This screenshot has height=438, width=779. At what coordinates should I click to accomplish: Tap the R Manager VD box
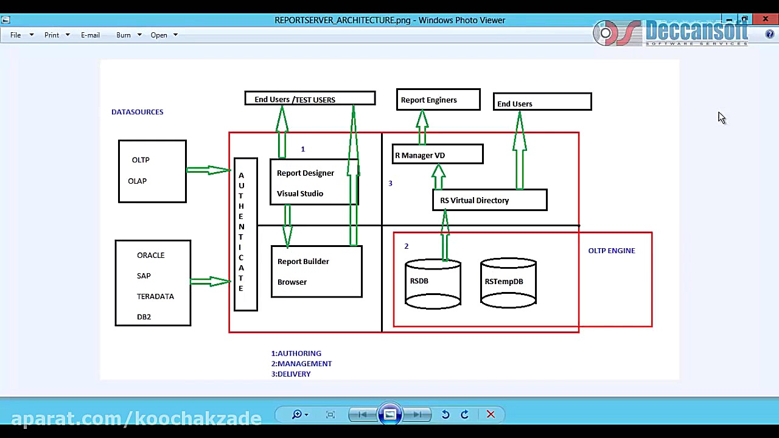pyautogui.click(x=438, y=155)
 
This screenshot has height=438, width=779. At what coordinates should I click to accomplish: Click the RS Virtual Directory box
pyautogui.click(x=489, y=200)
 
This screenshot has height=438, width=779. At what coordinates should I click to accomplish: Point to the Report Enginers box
pyautogui.click(x=438, y=100)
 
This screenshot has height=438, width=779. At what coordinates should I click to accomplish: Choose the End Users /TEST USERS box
pyautogui.click(x=310, y=99)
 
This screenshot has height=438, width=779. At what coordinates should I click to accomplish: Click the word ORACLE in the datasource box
pyautogui.click(x=150, y=255)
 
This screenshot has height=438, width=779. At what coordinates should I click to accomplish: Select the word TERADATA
pyautogui.click(x=155, y=296)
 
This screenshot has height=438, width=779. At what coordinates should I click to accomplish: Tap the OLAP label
pyautogui.click(x=137, y=181)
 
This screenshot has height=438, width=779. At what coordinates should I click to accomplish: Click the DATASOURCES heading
pyautogui.click(x=137, y=112)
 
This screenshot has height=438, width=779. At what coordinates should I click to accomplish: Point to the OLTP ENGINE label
pyautogui.click(x=611, y=251)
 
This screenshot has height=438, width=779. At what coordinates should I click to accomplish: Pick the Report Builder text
pyautogui.click(x=303, y=262)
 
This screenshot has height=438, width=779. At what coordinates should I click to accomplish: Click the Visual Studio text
pyautogui.click(x=300, y=193)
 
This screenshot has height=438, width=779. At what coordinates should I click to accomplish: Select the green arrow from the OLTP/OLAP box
pyautogui.click(x=209, y=170)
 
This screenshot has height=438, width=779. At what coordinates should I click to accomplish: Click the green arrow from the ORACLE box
pyautogui.click(x=211, y=281)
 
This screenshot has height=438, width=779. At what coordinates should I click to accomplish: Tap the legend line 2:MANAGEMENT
pyautogui.click(x=301, y=364)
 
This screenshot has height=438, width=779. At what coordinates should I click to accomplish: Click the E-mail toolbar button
pyautogui.click(x=90, y=35)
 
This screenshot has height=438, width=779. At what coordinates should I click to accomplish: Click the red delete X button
pyautogui.click(x=491, y=414)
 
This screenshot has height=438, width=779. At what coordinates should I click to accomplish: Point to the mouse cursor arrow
pyautogui.click(x=721, y=117)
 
